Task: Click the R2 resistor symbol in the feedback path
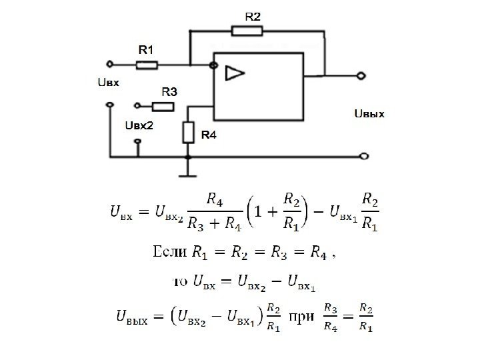(247, 30)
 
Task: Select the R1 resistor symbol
(147, 65)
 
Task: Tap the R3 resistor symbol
(163, 105)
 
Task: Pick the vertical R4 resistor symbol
(188, 133)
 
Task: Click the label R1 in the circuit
(146, 49)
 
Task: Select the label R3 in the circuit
(169, 91)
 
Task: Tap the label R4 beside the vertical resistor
(209, 135)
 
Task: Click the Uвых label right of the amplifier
(369, 114)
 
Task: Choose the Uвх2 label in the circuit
(139, 125)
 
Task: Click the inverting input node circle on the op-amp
(213, 65)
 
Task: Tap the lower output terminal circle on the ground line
(363, 157)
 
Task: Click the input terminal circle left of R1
(111, 65)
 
